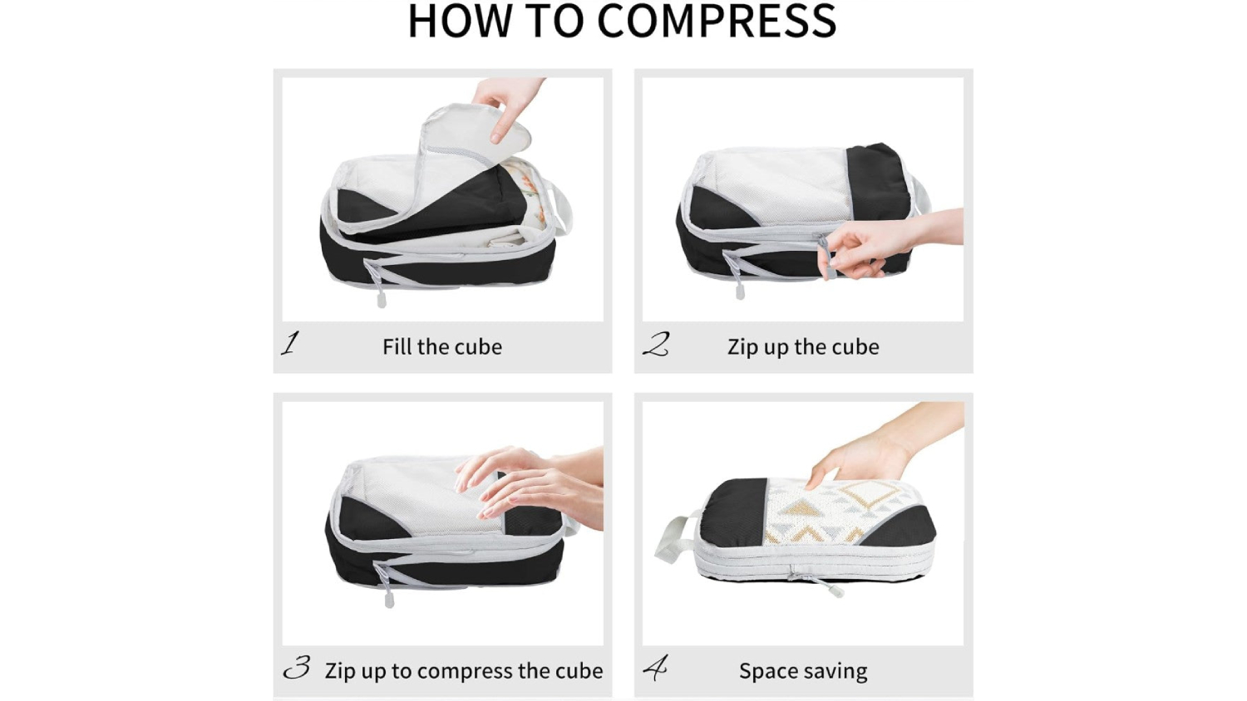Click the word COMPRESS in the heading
(x=717, y=21)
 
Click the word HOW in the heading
(x=460, y=21)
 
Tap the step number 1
(x=290, y=343)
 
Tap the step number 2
(x=655, y=344)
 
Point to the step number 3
(x=297, y=667)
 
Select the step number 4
(x=655, y=668)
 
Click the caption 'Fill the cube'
(x=442, y=346)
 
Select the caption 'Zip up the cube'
(x=803, y=346)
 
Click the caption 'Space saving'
(x=803, y=671)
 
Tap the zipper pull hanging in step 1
(x=382, y=300)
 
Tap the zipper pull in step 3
(x=389, y=598)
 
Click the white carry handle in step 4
(x=675, y=540)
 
